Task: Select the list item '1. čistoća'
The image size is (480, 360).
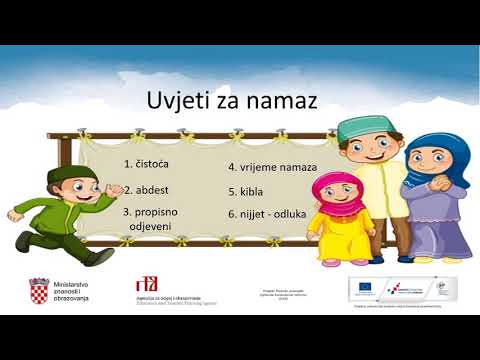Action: coord(147,163)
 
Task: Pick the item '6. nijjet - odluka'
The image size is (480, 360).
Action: coord(267,213)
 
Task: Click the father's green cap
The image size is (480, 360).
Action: coord(356,129)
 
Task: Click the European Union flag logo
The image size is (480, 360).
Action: coord(365,288)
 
